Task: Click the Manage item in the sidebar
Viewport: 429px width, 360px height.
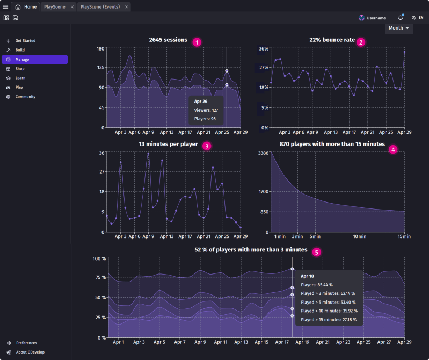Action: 23,59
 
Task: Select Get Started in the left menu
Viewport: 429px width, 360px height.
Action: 25,41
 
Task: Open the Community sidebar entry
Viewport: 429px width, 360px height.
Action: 25,97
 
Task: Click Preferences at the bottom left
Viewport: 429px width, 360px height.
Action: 26,343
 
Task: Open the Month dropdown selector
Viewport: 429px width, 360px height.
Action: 398,28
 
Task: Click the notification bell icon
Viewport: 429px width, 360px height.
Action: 401,18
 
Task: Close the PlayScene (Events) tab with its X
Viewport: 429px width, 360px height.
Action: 126,7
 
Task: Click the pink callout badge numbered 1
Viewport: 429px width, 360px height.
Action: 197,42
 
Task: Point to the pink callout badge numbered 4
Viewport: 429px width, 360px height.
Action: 394,149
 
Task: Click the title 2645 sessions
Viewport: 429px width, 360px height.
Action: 169,40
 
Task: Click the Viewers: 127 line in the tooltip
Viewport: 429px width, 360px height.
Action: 206,110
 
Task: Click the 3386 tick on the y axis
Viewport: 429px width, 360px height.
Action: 263,153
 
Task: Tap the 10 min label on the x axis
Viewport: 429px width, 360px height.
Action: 359,236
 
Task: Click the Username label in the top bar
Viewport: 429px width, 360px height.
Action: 376,18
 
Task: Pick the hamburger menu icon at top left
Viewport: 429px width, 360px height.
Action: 5,7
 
